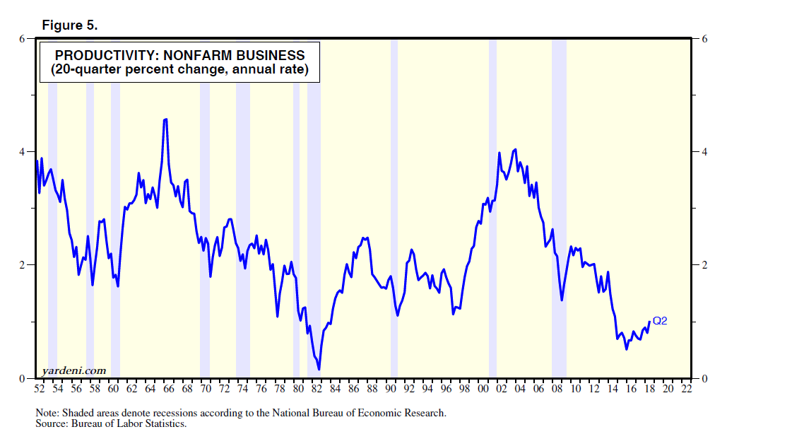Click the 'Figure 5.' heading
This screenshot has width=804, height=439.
70,25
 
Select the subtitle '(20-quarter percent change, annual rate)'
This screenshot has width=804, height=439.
179,70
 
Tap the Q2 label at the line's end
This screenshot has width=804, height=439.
660,321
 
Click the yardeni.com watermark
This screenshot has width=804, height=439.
73,370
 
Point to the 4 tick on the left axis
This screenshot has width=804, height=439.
21,152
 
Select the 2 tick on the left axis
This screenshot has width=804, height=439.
21,265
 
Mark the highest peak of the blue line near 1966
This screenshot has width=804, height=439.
165,119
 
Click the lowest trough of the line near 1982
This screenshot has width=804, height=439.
319,369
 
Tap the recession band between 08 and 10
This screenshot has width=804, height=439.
559,212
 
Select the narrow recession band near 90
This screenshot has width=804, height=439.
394,212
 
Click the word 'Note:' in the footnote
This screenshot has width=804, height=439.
47,413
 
